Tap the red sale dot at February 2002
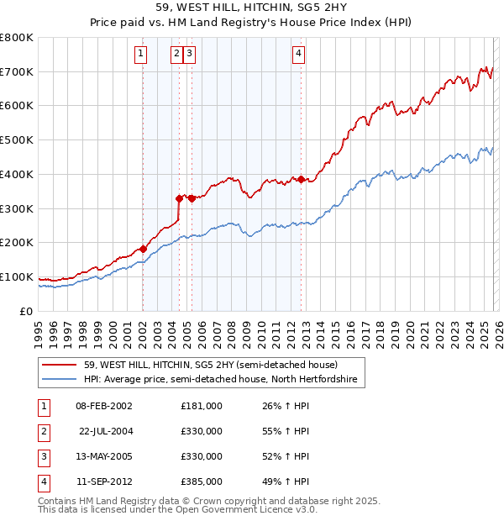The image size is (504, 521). [143, 249]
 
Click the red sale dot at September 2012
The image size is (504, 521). [301, 179]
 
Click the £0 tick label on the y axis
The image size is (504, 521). [27, 311]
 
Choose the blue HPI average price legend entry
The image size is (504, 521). [220, 380]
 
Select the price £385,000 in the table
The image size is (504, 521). [201, 482]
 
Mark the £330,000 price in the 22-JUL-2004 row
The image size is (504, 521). [201, 431]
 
